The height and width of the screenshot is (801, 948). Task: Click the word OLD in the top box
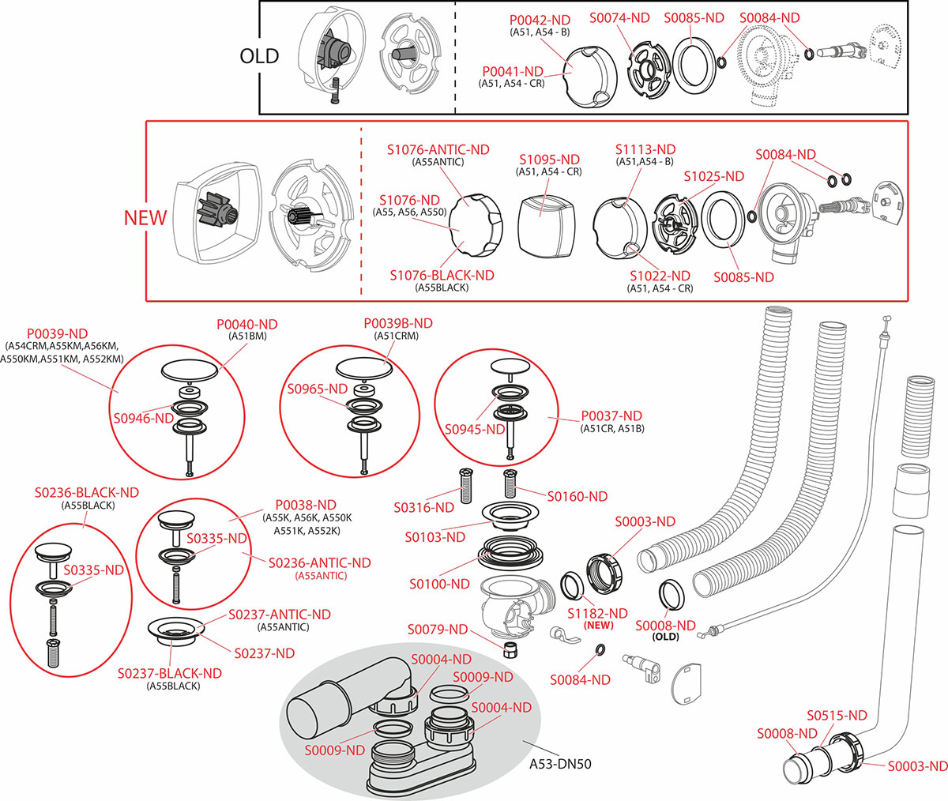(260, 56)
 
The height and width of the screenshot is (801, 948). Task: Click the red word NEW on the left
(145, 217)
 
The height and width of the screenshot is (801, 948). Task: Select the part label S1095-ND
(549, 160)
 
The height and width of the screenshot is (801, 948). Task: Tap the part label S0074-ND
(620, 17)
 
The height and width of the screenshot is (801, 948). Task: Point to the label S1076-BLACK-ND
(442, 275)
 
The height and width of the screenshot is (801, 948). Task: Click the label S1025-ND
(714, 176)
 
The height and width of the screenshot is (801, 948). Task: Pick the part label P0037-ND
(611, 416)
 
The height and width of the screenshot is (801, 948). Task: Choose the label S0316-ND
(423, 507)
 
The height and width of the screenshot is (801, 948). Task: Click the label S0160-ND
(577, 496)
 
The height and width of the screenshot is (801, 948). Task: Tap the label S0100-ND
(439, 584)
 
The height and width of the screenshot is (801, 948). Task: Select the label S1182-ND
(597, 613)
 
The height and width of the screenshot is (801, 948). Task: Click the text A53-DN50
(560, 764)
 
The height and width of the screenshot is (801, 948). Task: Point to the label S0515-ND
(837, 715)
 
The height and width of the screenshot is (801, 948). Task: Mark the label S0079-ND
(438, 630)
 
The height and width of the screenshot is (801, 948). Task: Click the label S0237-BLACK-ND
(170, 673)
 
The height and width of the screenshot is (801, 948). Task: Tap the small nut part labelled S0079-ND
(511, 650)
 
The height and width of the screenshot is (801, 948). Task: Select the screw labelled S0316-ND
(465, 484)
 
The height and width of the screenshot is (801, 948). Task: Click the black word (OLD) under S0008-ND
(666, 637)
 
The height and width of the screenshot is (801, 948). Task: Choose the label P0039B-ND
(398, 323)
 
